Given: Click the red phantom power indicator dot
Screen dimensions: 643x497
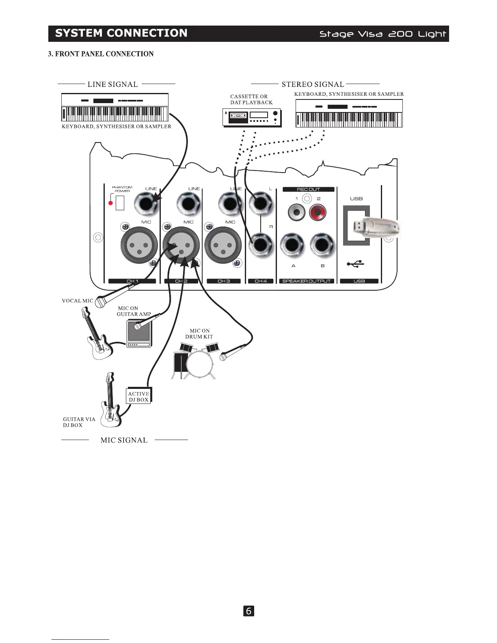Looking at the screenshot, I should (110, 203).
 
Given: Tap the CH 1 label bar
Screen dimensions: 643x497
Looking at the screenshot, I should (132, 281).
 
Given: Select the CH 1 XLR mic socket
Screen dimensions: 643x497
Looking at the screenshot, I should (139, 245).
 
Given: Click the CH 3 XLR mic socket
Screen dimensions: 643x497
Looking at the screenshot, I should (223, 245).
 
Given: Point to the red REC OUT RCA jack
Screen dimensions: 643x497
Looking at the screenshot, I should (318, 212).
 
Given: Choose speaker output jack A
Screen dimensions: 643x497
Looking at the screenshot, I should (292, 245).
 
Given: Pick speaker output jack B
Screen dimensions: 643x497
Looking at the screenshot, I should (322, 245).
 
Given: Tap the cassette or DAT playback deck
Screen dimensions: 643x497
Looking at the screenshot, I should (252, 118).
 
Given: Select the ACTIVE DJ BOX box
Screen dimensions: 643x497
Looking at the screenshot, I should (138, 397).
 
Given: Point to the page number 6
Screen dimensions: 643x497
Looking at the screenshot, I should (248, 611).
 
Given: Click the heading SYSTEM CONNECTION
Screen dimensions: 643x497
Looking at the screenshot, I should (121, 33).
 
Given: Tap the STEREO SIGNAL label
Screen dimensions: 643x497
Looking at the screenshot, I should (313, 84).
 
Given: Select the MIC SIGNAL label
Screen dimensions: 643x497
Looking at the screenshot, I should (124, 440).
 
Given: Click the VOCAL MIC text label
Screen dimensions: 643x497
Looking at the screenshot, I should (77, 301).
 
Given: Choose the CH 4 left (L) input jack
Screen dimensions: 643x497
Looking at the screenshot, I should (260, 203).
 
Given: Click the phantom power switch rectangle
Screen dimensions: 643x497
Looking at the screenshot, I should (120, 203).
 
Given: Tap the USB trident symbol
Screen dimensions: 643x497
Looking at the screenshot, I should (356, 264).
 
